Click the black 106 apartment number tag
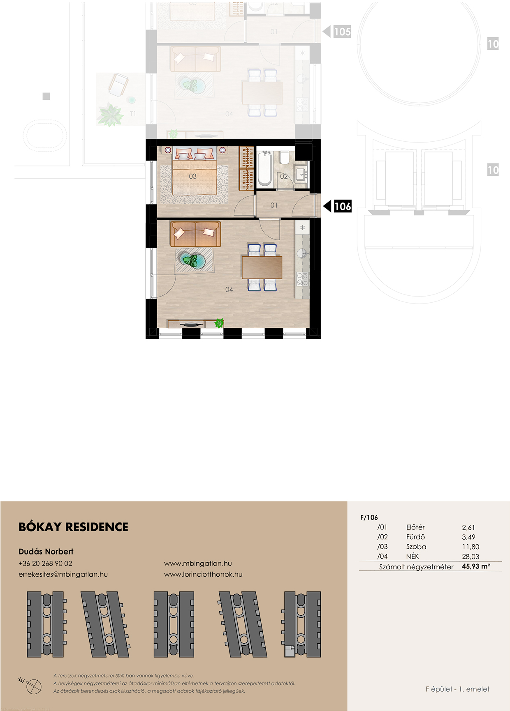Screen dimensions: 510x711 point(337,206)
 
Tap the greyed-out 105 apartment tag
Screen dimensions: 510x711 point(337,32)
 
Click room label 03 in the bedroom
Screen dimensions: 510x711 point(192,176)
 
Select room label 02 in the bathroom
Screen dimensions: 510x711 point(284,176)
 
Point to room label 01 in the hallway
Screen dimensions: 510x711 point(274,205)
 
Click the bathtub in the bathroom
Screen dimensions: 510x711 point(264,168)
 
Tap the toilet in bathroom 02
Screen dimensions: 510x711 point(284,158)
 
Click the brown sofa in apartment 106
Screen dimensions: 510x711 point(195,234)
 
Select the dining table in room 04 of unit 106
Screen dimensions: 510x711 point(262,267)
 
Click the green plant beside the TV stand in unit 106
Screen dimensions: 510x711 point(219,323)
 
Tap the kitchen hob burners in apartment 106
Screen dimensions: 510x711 point(302,279)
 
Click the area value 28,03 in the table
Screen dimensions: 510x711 point(471,557)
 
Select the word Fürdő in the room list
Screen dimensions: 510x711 point(415,537)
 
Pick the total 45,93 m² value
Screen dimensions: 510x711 point(476,566)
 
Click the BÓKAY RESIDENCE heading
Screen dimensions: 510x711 point(74,527)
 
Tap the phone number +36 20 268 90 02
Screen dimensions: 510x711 point(45,564)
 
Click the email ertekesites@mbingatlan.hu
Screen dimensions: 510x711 point(63,574)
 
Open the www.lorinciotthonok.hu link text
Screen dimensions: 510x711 point(203,574)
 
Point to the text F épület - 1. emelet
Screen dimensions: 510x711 point(457,689)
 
